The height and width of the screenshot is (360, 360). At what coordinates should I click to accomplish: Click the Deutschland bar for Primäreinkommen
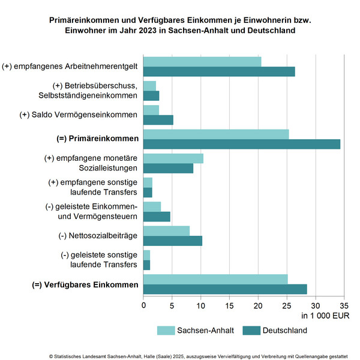click(x=242, y=144)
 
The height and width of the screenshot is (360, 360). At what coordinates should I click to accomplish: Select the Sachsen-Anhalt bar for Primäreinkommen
click(x=216, y=134)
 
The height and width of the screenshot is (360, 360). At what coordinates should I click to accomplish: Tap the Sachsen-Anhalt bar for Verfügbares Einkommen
click(x=215, y=280)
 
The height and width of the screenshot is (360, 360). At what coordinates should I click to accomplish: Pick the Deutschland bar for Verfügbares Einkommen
click(x=225, y=289)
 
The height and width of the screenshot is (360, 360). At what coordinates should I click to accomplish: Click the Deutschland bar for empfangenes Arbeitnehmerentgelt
click(x=219, y=71)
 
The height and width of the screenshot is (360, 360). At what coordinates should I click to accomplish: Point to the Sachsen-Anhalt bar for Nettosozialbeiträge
click(x=166, y=231)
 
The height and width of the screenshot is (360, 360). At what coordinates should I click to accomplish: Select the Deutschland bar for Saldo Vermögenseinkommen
click(x=158, y=120)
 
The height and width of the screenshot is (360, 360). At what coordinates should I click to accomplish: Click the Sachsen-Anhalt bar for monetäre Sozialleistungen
click(x=173, y=158)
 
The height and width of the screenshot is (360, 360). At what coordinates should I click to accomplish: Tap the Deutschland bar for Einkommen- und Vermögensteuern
click(x=157, y=217)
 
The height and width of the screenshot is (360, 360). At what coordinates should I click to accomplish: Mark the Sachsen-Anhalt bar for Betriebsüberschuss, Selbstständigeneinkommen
click(x=149, y=86)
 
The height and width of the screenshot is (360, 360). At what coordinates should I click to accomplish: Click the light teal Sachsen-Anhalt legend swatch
click(x=166, y=331)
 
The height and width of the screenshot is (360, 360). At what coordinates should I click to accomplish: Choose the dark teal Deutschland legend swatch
click(x=251, y=331)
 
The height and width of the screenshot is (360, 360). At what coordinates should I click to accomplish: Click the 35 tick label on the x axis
click(x=344, y=306)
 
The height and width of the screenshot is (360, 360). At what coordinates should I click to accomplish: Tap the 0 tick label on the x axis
click(x=143, y=306)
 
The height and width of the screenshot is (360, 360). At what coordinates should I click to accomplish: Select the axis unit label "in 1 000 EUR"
click(x=325, y=316)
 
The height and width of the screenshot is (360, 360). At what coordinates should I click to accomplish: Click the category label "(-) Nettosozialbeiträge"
click(x=98, y=236)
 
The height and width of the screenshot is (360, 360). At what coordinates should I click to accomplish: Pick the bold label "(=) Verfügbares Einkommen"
click(x=85, y=284)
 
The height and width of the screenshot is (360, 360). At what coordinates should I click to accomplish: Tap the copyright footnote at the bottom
click(x=199, y=356)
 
